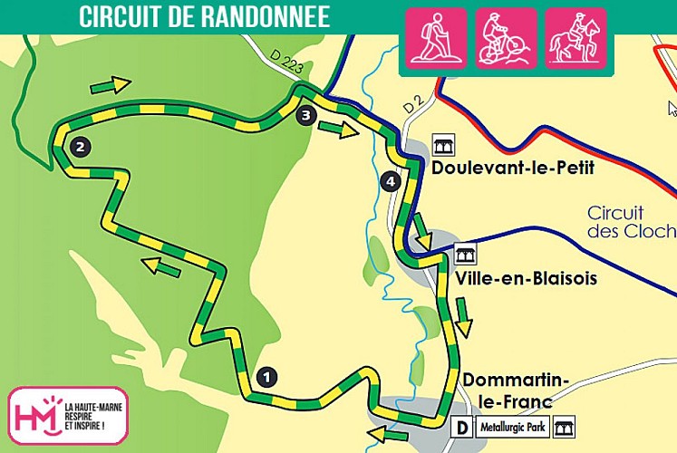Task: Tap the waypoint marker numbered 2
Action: pyautogui.click(x=81, y=147)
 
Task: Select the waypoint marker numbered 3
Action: pyautogui.click(x=305, y=115)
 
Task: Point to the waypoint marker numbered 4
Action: pyautogui.click(x=391, y=182)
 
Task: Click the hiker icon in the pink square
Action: pyautogui.click(x=432, y=39)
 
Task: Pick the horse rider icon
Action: pyautogui.click(x=575, y=39)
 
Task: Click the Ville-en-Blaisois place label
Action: pyautogui.click(x=527, y=278)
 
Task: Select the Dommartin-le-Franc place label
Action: pyautogui.click(x=516, y=390)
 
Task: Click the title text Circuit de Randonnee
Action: pyautogui.click(x=204, y=16)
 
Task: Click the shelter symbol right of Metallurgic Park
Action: pyautogui.click(x=564, y=426)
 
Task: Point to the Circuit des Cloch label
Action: pyautogui.click(x=631, y=222)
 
